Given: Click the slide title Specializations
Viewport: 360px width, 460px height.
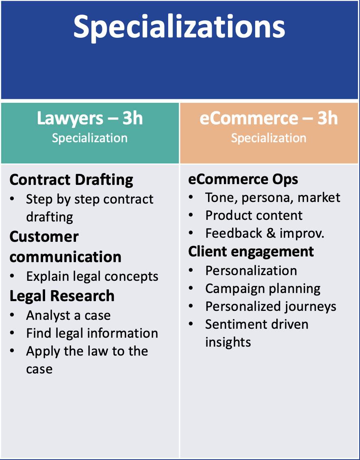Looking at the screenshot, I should (x=179, y=27).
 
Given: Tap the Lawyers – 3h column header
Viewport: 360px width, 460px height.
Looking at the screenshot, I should (x=90, y=118).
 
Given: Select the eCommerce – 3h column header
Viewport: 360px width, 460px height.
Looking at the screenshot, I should (x=269, y=118).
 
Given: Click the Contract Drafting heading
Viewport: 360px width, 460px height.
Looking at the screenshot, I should (x=72, y=180).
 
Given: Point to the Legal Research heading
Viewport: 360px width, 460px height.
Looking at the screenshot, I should (x=62, y=296).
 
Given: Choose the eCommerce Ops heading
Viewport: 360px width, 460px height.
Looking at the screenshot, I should (x=243, y=180).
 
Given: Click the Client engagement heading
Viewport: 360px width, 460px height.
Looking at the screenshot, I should (x=251, y=252).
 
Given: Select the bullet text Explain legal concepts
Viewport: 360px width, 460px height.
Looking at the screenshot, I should (x=92, y=276).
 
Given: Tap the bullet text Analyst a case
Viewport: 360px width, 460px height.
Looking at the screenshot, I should (x=68, y=315).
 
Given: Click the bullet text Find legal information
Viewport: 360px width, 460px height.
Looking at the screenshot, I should (x=92, y=333).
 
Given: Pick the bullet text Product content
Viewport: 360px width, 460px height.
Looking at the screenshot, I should (x=254, y=215).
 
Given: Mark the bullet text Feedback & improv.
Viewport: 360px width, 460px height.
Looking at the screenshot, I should (x=265, y=233).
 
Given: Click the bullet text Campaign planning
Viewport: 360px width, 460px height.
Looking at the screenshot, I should (x=263, y=289).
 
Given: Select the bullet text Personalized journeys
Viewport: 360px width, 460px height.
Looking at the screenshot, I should (x=271, y=306).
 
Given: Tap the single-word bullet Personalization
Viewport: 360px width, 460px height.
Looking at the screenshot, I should (x=251, y=271).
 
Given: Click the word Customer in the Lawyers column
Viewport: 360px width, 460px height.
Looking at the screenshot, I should (x=44, y=237).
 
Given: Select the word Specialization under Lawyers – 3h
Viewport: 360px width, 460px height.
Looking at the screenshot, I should (x=90, y=138).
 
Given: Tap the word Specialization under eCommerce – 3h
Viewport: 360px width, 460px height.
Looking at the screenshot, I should (x=269, y=138).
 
